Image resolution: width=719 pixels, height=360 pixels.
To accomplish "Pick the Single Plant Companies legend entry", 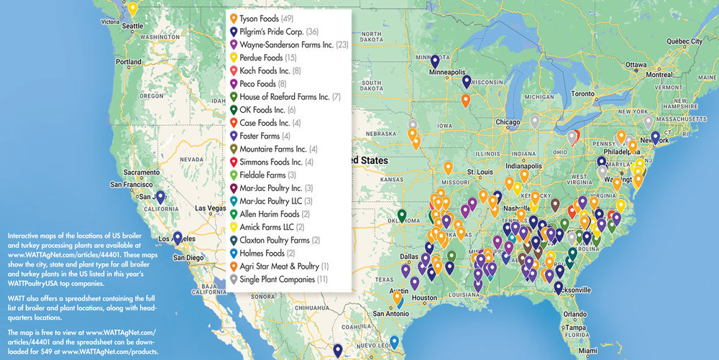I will (284, 278).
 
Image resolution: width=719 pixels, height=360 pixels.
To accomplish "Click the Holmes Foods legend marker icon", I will (232, 252).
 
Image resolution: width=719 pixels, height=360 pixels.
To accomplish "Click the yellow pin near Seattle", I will (132, 9).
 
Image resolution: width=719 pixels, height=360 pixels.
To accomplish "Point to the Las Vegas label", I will (215, 208).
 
